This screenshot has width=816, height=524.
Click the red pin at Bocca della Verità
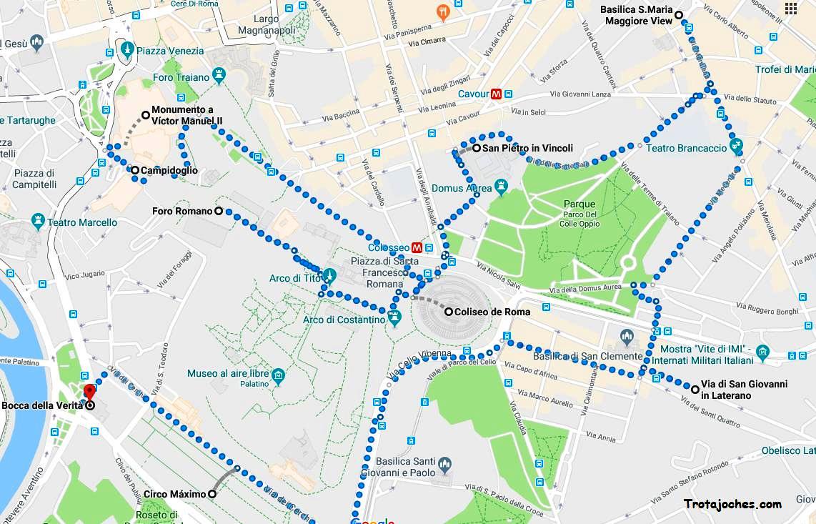pyautogui.click(x=89, y=392)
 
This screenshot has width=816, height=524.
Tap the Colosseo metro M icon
pyautogui.click(x=417, y=248)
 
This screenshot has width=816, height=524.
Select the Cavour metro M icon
pyautogui.click(x=495, y=94)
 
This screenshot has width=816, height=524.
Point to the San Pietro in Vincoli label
pyautogui.click(x=527, y=149)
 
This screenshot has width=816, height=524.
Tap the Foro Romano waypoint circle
pyautogui.click(x=219, y=211)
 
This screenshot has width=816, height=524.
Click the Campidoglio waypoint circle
pyautogui.click(x=134, y=170)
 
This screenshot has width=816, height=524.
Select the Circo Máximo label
pyautogui.click(x=174, y=494)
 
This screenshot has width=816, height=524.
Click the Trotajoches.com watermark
pyautogui.click(x=732, y=504)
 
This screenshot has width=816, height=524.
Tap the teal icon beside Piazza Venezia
pyautogui.click(x=127, y=50)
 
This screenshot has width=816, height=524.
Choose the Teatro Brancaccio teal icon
pyautogui.click(x=737, y=148)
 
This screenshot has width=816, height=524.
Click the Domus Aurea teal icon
pyautogui.click(x=502, y=188)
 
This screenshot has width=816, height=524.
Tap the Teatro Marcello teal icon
pyautogui.click(x=39, y=222)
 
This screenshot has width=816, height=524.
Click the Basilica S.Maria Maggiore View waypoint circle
pyautogui.click(x=679, y=15)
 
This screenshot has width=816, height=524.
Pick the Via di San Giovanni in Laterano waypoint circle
pyautogui.click(x=695, y=389)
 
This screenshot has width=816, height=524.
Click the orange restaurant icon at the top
pyautogui.click(x=442, y=12)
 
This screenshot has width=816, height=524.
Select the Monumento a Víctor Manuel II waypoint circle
pyautogui.click(x=146, y=114)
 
